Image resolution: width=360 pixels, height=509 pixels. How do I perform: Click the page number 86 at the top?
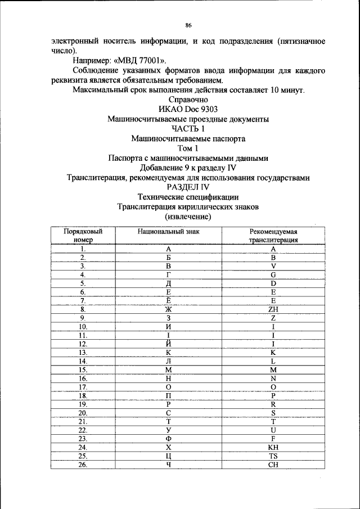[188, 25]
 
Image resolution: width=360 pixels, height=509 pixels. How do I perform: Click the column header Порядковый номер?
[82, 235]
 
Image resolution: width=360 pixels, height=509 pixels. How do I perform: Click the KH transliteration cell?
[273, 448]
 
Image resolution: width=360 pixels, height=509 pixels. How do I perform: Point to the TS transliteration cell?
[273, 456]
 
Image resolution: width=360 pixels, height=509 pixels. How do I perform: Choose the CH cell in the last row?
[273, 465]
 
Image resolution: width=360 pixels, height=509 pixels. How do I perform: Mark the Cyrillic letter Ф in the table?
[168, 439]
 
